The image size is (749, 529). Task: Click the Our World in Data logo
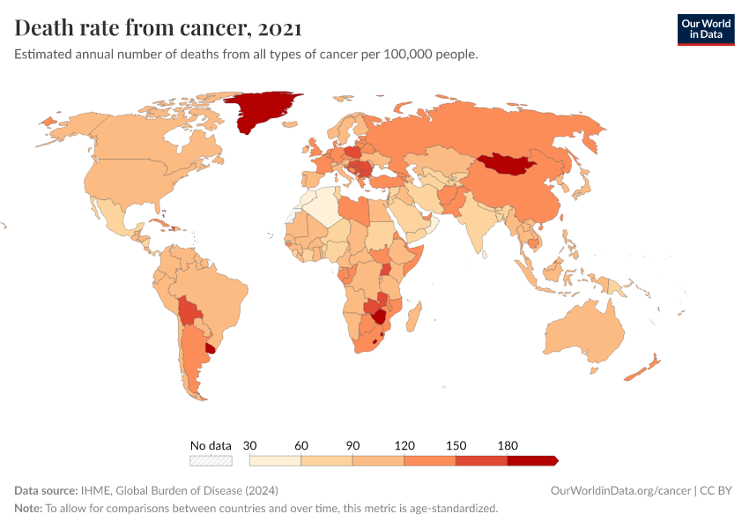705,29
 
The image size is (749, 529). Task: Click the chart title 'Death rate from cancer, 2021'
159,28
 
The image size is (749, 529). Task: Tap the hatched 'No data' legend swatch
211,460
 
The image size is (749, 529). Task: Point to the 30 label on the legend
249,445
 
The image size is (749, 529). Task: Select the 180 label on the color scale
508,445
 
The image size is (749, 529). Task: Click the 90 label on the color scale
352,445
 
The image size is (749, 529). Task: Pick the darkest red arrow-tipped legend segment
531,460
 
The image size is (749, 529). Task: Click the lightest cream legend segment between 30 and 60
275,460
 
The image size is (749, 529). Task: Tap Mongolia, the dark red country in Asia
509,163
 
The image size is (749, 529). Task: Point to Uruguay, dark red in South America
211,347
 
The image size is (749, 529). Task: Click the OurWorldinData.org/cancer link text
620,490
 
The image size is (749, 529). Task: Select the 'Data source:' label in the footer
46,490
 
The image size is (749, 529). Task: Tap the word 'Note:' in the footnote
28,509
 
